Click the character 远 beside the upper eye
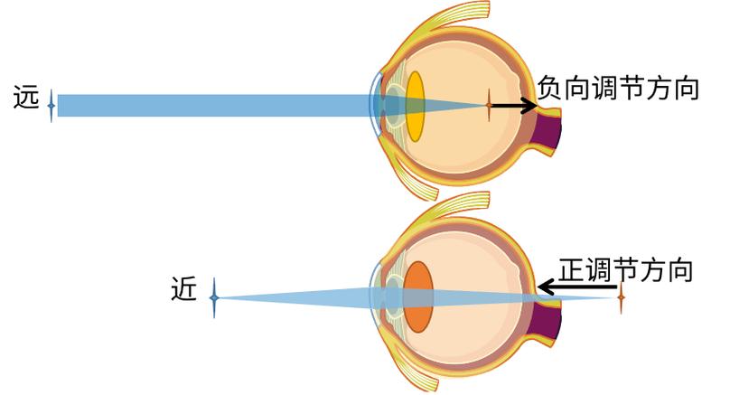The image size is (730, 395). pos(26,96)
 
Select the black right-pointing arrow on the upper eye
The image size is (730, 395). pos(513,106)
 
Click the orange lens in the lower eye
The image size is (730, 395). pos(417,296)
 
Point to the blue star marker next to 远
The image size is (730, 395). pos(51,106)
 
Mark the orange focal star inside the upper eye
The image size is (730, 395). pos(489,106)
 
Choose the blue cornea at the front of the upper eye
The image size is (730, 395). pos(375,104)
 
